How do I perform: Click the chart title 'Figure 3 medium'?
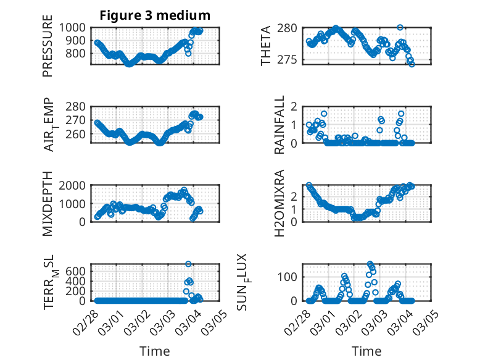(155, 15)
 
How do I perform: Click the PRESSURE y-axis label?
(48, 50)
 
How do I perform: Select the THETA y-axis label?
(266, 46)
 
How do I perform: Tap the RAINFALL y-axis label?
(279, 124)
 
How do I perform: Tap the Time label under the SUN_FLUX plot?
(366, 351)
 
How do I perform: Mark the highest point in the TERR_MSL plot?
(189, 264)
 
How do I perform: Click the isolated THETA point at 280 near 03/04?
(400, 28)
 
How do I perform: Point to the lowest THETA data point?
(412, 64)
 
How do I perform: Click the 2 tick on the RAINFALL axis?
(296, 106)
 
